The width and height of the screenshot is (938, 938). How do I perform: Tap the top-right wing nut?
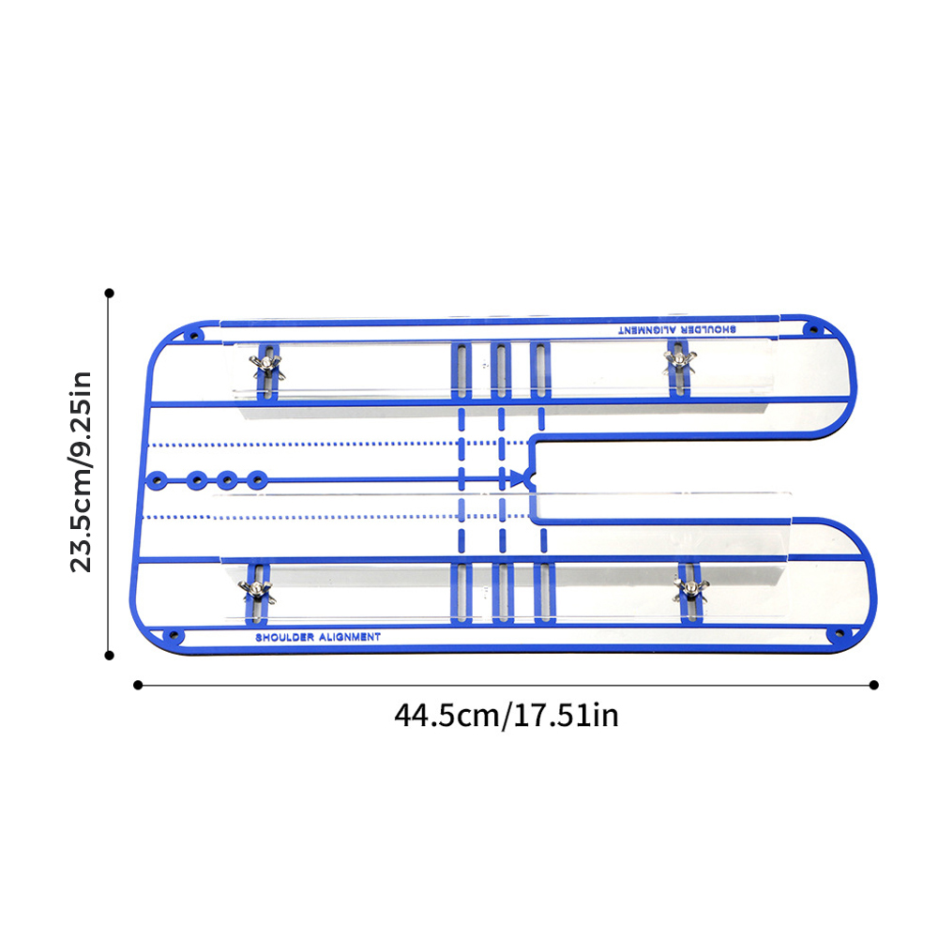[679, 361]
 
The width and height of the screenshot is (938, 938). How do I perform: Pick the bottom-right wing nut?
[691, 588]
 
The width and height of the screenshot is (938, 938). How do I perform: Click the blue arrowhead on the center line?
[517, 478]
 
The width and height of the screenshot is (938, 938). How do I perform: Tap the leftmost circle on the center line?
[157, 480]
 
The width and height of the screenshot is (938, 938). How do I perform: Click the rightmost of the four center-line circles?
[257, 479]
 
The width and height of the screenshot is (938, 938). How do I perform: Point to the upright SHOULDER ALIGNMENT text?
[318, 637]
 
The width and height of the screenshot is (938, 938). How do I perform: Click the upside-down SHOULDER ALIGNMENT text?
[677, 329]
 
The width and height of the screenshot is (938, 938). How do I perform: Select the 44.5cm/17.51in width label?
[507, 716]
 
